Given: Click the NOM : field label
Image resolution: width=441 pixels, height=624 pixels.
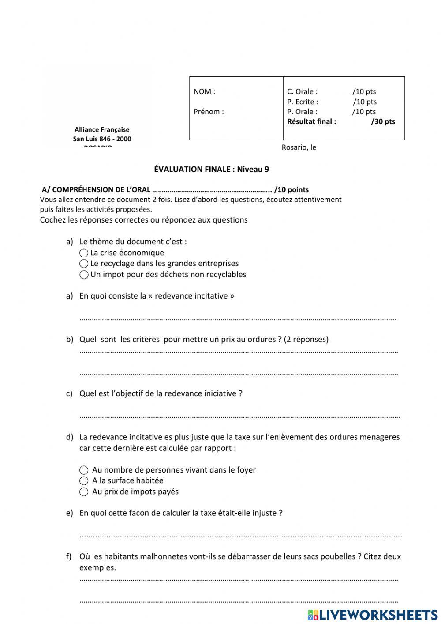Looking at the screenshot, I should coord(204,92).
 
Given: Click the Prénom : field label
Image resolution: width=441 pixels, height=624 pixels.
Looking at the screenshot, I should coord(209,112).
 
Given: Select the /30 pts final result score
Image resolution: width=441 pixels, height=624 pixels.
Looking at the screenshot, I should coord(383,122).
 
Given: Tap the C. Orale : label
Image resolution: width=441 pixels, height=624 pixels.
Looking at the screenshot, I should coord(302,92).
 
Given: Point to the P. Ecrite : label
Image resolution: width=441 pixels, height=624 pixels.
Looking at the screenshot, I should coord(303,102).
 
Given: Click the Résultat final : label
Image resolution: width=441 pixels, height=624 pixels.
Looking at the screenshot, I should coord(311,122).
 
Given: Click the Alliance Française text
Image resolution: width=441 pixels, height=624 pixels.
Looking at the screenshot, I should coord(102,130).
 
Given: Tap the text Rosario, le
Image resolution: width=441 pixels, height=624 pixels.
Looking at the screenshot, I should coord(299,147).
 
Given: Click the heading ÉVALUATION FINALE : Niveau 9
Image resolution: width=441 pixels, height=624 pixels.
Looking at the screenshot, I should coord(211,169).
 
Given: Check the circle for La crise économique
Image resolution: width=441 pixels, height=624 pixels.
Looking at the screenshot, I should coord(84,253).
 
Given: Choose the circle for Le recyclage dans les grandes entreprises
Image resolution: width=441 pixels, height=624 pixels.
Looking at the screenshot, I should coord(84,264).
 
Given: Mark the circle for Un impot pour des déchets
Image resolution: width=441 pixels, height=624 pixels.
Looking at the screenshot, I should coord(84,275).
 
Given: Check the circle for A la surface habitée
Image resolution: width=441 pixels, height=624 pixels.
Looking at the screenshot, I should coord(84,481).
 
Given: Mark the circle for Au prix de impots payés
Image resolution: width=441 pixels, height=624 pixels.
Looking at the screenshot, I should coord(84,492).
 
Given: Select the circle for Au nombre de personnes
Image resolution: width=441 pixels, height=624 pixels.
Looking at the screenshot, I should coord(84,470).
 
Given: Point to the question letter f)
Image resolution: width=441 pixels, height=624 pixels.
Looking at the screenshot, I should coord(69,556).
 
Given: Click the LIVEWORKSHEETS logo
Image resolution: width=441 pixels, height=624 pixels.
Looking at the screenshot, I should coord(373,615).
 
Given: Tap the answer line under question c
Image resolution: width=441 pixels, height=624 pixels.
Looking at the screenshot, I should coord(239,416).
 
